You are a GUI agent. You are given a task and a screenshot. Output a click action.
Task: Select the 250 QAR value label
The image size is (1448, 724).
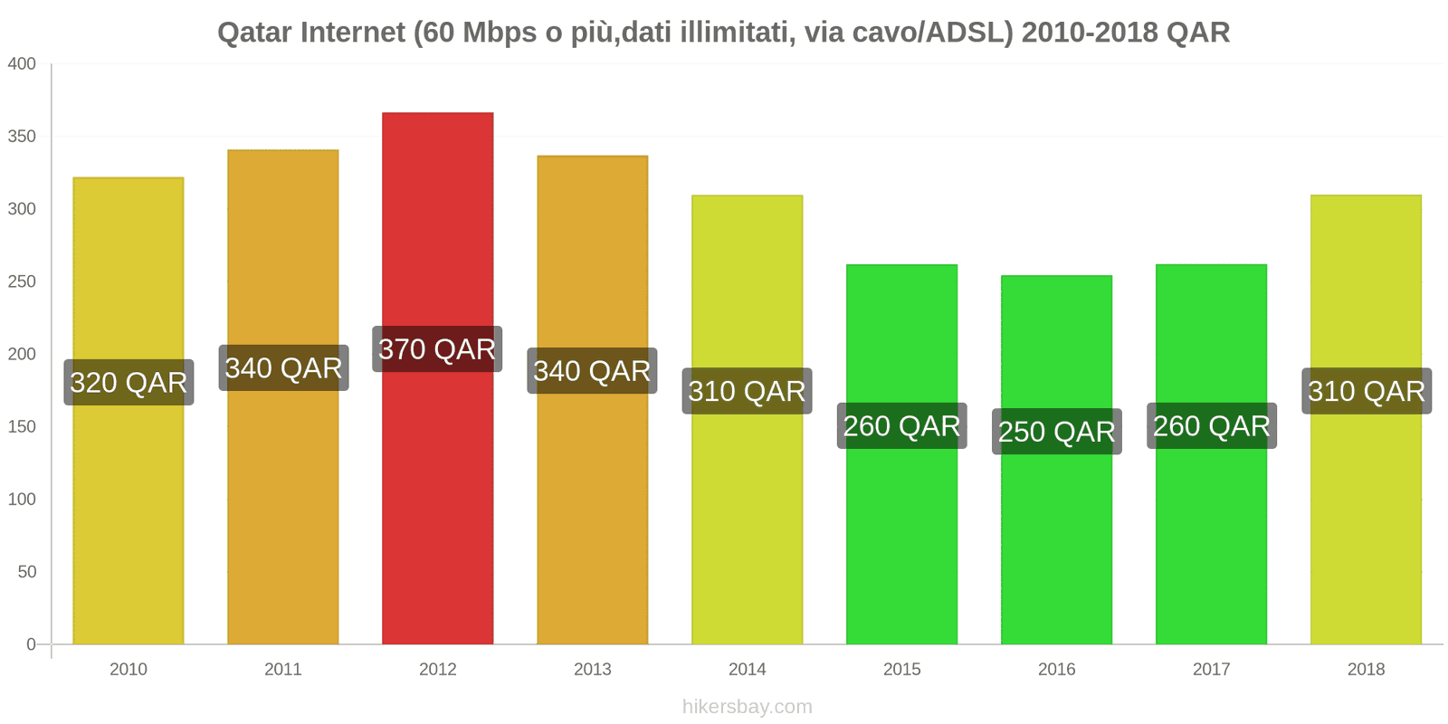1056,432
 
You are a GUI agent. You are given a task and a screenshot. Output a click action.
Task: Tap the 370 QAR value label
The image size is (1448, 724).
437,349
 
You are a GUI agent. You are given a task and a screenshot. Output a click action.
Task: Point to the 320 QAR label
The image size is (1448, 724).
129,383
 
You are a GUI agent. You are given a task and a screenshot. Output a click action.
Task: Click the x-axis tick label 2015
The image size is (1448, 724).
901,669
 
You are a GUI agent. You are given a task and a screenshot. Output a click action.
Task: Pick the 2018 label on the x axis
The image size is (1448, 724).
1366,669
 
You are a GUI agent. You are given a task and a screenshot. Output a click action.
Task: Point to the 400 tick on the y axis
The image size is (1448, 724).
22,64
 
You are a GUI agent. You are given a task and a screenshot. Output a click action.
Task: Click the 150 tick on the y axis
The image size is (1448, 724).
22,426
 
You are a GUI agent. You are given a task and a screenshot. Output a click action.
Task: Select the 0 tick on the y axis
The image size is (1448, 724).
31,644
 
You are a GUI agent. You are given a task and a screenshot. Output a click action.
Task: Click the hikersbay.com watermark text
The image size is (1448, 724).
747,707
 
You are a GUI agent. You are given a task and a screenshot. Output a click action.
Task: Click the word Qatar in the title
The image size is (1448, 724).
254,33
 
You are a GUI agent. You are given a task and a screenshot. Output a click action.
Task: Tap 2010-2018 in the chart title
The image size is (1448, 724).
1090,33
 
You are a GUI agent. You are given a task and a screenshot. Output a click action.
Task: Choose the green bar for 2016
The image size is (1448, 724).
1056,543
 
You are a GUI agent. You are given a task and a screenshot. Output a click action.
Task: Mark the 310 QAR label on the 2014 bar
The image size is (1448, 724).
747,391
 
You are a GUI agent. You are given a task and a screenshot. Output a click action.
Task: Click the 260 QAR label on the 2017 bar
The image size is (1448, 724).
1211,426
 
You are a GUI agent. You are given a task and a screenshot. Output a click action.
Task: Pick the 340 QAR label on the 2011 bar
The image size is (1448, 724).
283,368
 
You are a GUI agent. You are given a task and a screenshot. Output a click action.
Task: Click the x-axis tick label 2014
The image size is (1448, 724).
747,669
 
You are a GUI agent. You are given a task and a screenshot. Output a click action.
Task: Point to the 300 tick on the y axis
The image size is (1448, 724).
22,209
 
